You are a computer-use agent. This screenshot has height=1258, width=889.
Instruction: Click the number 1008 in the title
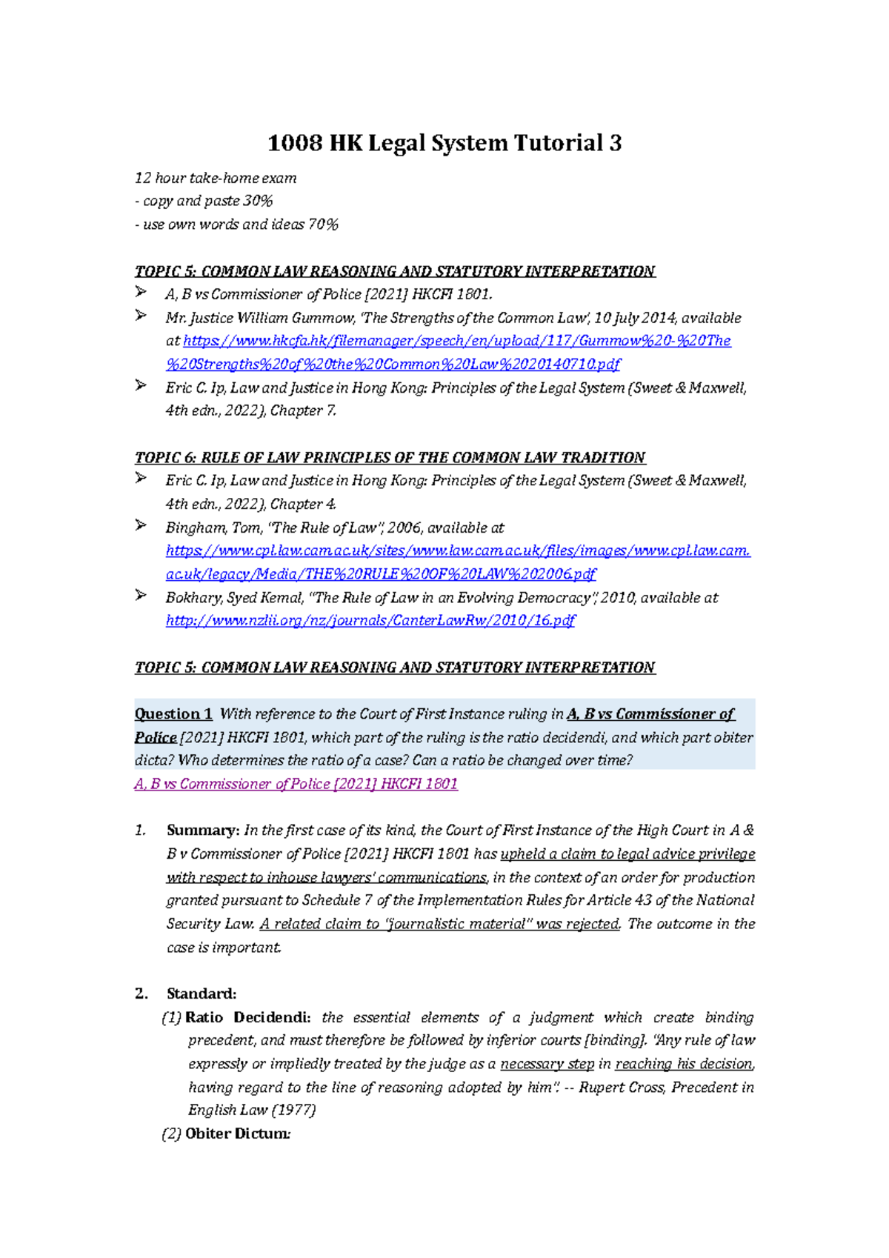pyautogui.click(x=294, y=142)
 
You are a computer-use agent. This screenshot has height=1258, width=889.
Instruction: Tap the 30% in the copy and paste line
pyautogui.click(x=259, y=201)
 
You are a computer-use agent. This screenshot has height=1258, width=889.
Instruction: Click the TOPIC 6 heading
pyautogui.click(x=390, y=458)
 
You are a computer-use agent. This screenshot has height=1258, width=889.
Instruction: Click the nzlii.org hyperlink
pyautogui.click(x=370, y=621)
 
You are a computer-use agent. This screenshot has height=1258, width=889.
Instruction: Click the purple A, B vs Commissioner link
pyautogui.click(x=296, y=784)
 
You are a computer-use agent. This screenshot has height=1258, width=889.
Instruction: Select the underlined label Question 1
pyautogui.click(x=173, y=714)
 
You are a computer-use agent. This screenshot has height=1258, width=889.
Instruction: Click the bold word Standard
pyautogui.click(x=201, y=994)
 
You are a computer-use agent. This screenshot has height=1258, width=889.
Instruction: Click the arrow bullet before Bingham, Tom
pyautogui.click(x=141, y=525)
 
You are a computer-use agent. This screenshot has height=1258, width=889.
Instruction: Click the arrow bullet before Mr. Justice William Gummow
pyautogui.click(x=141, y=316)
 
